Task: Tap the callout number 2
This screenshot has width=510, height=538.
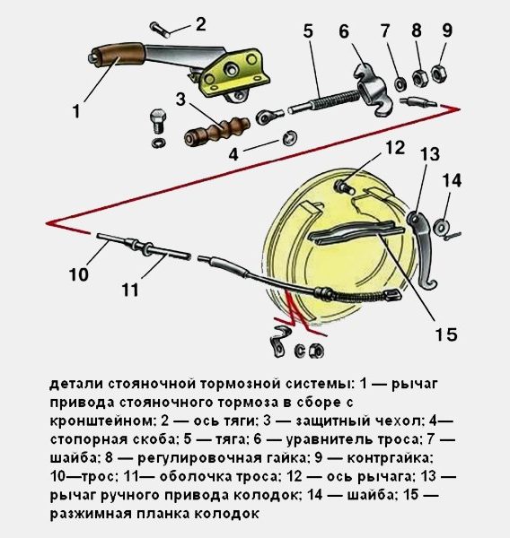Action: [201, 24]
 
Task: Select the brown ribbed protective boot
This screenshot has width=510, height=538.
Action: [215, 130]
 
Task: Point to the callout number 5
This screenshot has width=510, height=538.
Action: [308, 30]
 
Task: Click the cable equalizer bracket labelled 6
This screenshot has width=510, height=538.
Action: [373, 89]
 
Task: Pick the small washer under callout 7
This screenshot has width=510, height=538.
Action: [400, 84]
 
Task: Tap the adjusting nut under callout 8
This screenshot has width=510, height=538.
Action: [419, 78]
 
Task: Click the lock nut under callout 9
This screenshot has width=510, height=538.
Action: [439, 73]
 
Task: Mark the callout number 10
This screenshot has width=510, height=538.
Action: [79, 274]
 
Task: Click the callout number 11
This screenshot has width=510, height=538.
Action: [130, 290]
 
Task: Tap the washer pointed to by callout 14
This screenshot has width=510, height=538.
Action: [441, 227]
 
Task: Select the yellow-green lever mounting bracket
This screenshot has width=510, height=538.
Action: [235, 74]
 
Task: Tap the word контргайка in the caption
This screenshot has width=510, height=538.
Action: [389, 458]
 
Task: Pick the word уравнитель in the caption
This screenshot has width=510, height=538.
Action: [330, 439]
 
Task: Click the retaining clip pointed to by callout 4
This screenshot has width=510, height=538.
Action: [290, 138]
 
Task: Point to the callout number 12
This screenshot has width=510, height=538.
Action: [395, 148]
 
